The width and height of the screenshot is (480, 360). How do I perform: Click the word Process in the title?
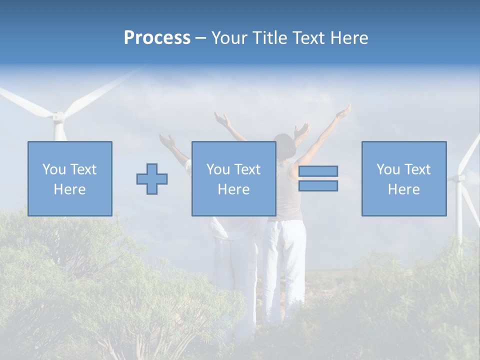tap(157, 38)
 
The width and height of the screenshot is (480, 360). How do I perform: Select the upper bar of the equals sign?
tap(318, 171)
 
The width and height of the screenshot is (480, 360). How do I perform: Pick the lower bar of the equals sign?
tap(318, 186)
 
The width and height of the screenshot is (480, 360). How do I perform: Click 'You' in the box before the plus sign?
tap(53, 169)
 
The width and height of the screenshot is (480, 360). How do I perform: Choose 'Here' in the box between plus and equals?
tap(233, 189)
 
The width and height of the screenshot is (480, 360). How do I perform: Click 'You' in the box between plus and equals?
tap(217, 169)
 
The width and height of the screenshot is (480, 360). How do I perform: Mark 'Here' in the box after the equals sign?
tap(403, 189)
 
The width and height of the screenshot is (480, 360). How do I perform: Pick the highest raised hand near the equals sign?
tap(343, 111)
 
